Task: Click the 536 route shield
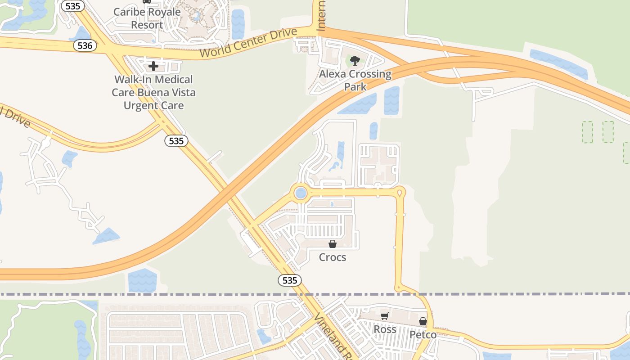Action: click(x=85, y=45)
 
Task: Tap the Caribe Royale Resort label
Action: click(x=147, y=18)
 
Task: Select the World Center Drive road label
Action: click(x=248, y=43)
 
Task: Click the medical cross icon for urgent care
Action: click(x=153, y=66)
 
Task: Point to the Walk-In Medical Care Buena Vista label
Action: click(x=153, y=92)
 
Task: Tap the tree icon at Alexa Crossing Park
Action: click(x=355, y=61)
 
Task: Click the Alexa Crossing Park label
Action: click(x=355, y=80)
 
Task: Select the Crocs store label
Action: click(x=333, y=257)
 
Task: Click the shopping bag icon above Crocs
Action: click(x=333, y=244)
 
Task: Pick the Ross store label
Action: click(x=385, y=329)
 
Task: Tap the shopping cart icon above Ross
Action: click(x=384, y=316)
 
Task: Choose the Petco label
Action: click(x=423, y=335)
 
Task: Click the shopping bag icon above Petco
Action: click(x=423, y=321)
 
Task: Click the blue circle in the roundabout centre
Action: click(x=301, y=193)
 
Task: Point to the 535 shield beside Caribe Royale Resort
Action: click(x=72, y=6)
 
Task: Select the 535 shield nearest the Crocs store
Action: click(x=289, y=280)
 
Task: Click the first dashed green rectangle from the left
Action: click(x=587, y=132)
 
